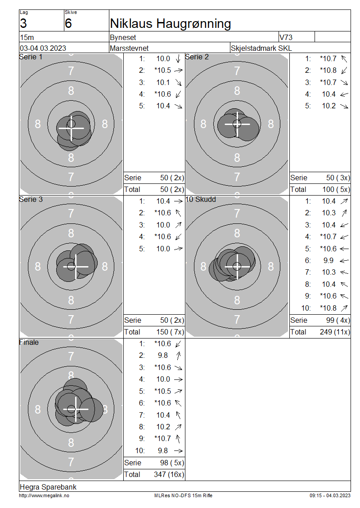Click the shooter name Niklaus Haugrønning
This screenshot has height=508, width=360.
[170, 24]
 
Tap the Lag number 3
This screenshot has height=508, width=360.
[23, 24]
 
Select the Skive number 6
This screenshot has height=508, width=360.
[68, 24]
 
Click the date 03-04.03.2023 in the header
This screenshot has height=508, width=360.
[43, 48]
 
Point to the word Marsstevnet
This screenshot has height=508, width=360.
[129, 48]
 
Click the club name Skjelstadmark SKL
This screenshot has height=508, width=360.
[261, 48]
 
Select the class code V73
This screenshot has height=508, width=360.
[286, 37]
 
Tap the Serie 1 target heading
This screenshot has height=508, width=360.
[31, 57]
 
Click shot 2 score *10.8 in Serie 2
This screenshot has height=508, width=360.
[328, 70]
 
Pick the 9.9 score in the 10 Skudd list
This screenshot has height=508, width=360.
[328, 260]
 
